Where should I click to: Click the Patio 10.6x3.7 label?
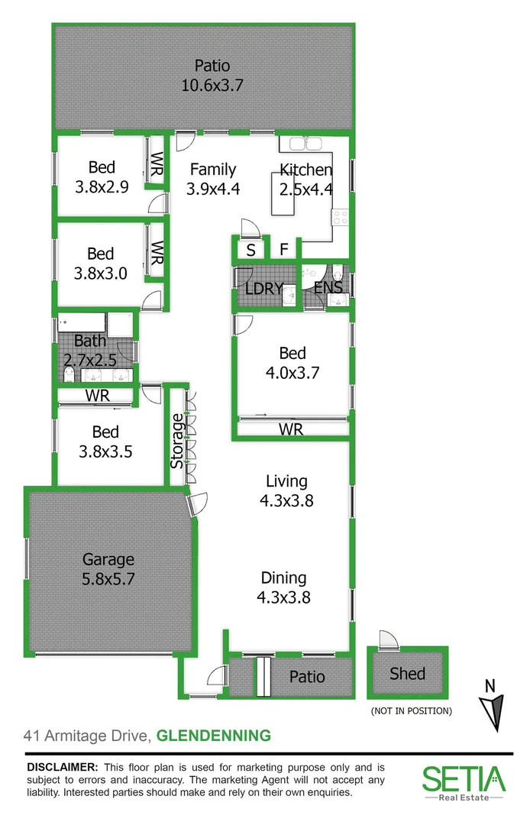(x=212, y=75)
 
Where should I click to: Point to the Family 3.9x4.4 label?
(x=213, y=179)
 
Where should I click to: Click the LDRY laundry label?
(x=264, y=289)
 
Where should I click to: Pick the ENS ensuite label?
(x=328, y=288)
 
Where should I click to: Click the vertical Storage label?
(x=177, y=441)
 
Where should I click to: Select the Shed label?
(x=407, y=673)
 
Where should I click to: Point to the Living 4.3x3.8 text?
(x=286, y=491)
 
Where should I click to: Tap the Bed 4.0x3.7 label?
(x=292, y=363)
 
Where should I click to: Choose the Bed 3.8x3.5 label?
(x=105, y=442)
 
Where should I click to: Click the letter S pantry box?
(x=250, y=249)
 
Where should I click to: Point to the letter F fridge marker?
(x=283, y=249)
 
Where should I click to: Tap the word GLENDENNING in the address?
(x=213, y=736)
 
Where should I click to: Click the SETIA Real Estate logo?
(x=464, y=782)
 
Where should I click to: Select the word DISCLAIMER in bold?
(x=63, y=766)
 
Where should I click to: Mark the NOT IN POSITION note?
(x=411, y=711)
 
